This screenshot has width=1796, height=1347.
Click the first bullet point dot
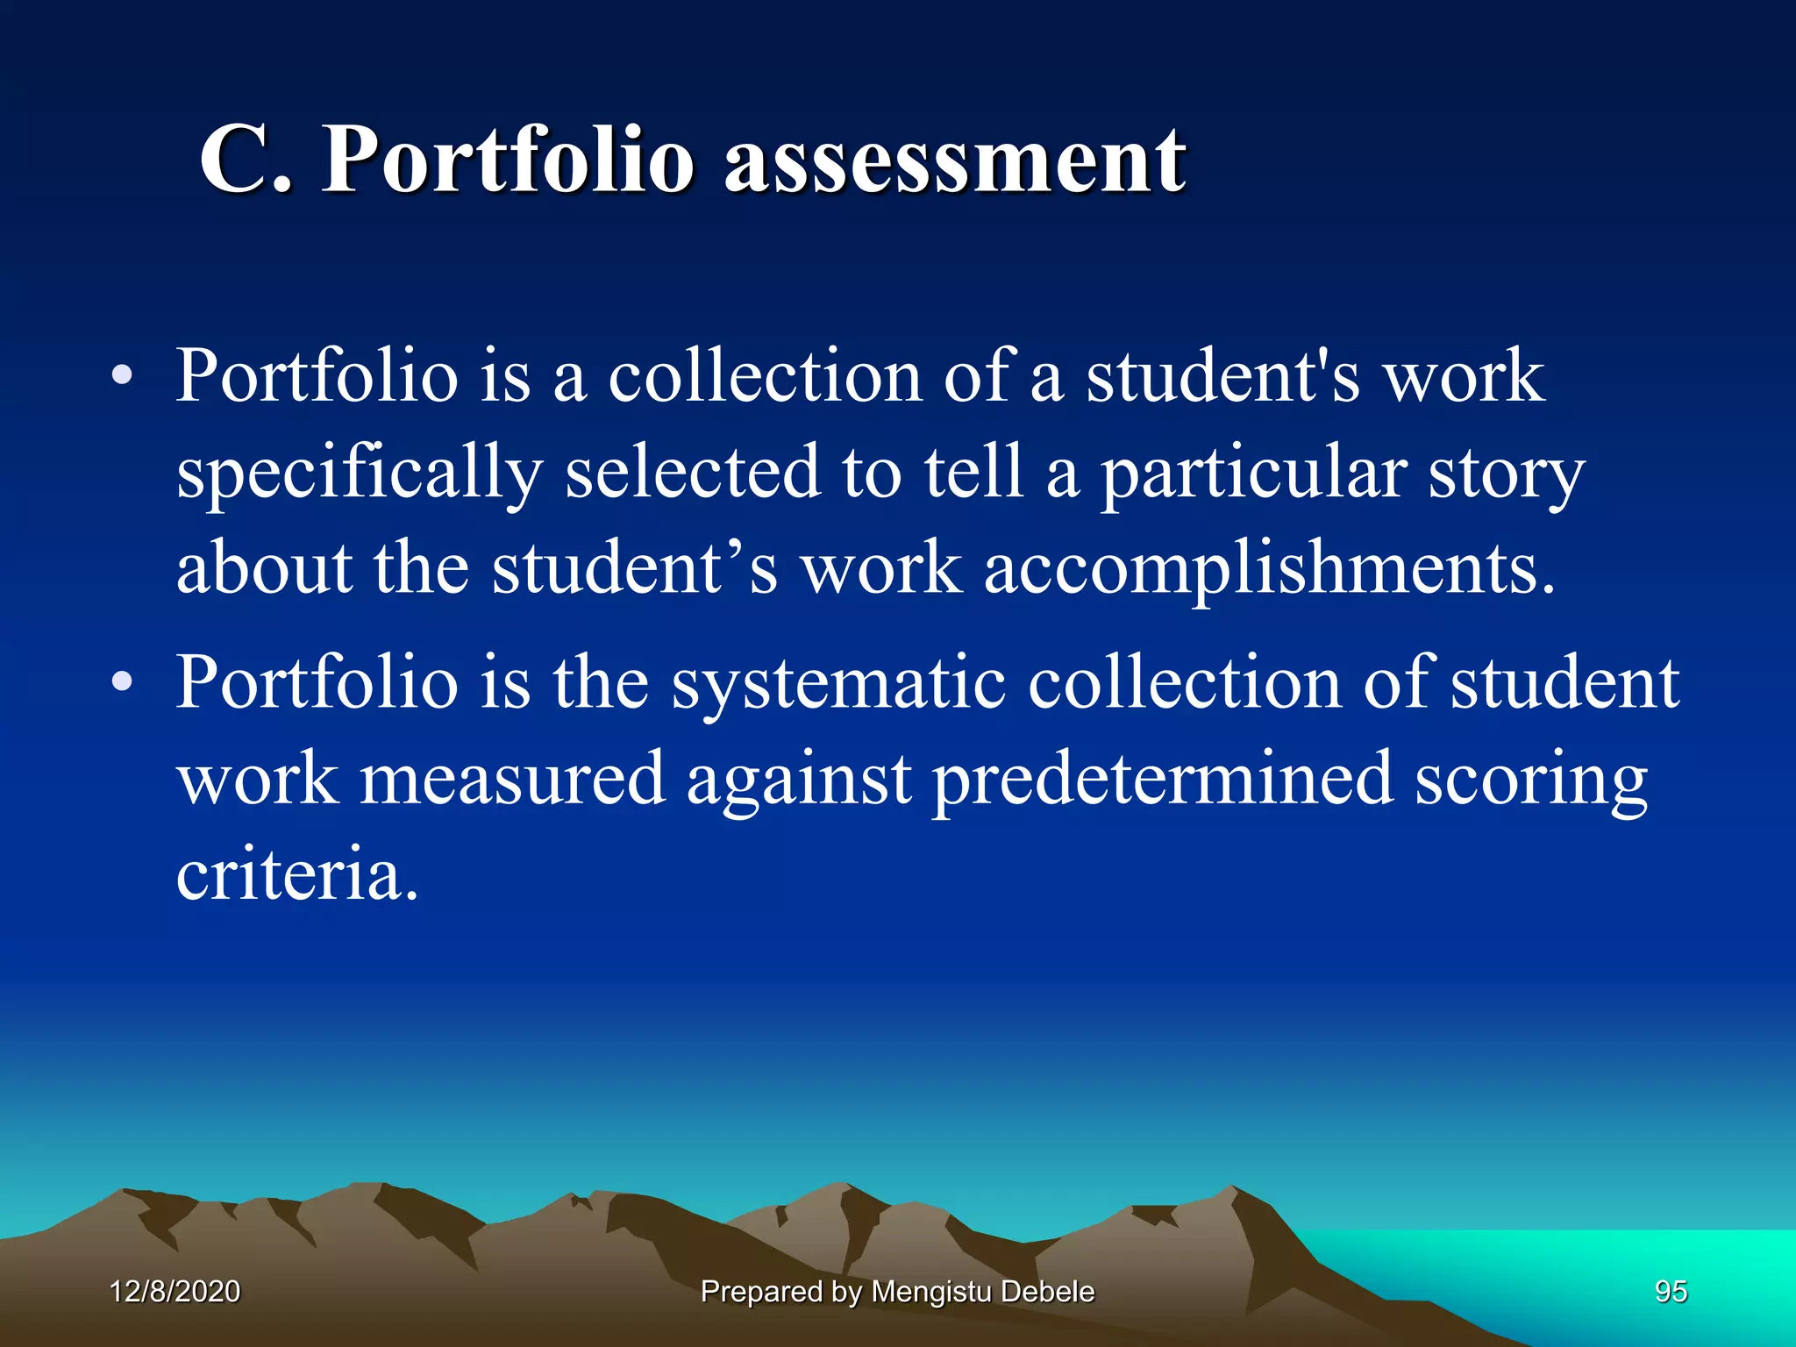point(122,376)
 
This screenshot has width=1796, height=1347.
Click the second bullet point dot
point(122,681)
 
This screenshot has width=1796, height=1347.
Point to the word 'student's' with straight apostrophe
point(1222,376)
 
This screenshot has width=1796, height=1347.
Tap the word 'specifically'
point(360,474)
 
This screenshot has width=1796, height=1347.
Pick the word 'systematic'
point(838,683)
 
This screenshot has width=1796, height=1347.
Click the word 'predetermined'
point(1162,778)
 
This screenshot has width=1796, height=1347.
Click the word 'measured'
point(512,778)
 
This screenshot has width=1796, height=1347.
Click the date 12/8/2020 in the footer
point(175,1292)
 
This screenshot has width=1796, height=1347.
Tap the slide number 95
point(1671,1292)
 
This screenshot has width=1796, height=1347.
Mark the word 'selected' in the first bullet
point(693,474)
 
